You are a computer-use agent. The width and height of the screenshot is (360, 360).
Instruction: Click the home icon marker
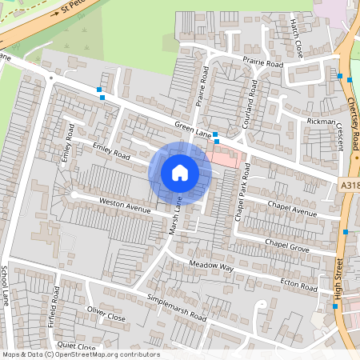[180, 173]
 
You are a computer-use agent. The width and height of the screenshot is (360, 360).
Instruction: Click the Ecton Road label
[299, 285]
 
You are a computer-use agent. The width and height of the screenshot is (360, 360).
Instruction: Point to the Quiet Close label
[77, 346]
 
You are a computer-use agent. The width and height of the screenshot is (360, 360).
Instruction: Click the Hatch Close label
[297, 32]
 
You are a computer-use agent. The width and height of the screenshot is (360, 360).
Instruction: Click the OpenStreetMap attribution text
[80, 354]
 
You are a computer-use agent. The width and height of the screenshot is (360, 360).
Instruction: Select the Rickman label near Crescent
[322, 121]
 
